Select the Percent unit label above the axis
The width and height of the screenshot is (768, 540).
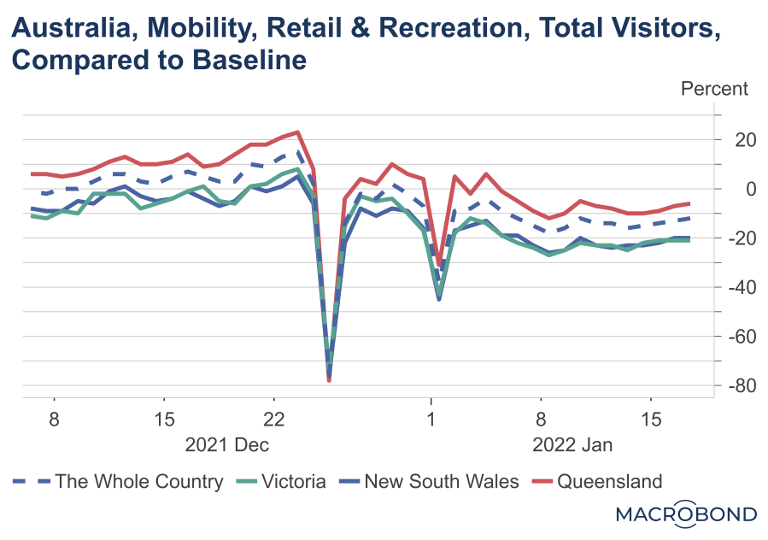click(713, 89)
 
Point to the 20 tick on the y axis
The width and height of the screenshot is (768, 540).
click(738, 139)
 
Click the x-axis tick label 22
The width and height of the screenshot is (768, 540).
click(273, 420)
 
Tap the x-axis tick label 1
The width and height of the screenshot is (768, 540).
click(431, 420)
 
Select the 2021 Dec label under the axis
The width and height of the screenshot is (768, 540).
click(227, 445)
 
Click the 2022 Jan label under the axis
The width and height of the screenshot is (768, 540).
click(572, 445)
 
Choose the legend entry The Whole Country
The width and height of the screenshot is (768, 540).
click(138, 482)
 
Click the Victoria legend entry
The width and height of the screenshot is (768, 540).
click(292, 482)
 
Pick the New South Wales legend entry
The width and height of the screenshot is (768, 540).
click(441, 482)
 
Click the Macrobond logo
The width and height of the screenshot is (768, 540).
click(686, 514)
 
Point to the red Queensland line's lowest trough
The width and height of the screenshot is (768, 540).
click(330, 380)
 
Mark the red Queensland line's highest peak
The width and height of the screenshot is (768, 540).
click(297, 132)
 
